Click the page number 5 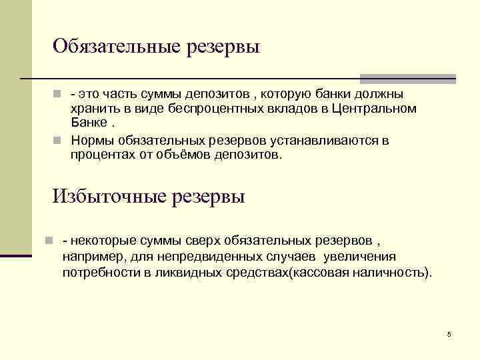pyautogui.click(x=449, y=334)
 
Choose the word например pyautogui.click(x=91, y=257)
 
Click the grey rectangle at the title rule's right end pyautogui.click(x=408, y=79)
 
